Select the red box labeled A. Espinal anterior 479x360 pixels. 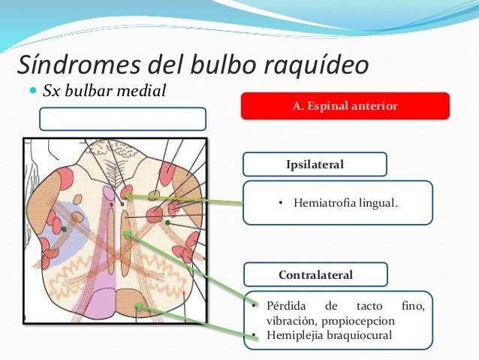345,106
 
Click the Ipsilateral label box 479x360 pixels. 315,164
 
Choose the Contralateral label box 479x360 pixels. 315,274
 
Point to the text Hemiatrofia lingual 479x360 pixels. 345,202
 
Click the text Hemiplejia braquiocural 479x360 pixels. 329,334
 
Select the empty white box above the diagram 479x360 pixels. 122,119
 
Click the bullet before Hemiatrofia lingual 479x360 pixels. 279,202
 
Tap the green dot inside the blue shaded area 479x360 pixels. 65,228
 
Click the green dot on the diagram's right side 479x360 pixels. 168,222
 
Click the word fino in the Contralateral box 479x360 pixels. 412,306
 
